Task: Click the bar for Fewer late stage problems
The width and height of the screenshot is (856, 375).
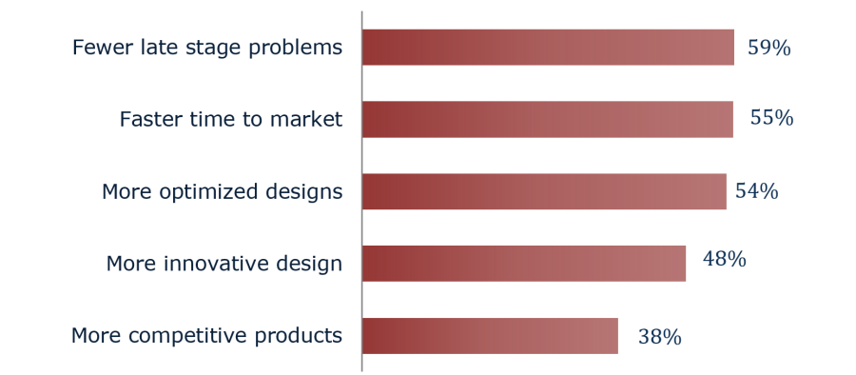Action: coord(548,48)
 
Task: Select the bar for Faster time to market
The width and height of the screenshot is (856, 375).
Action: coord(548,119)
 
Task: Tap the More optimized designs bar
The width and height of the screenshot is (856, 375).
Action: coord(544,191)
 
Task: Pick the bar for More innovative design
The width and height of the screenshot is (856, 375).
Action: coord(524,264)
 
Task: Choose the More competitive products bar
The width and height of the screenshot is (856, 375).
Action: coord(490,336)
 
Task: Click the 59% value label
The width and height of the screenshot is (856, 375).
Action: coord(768,49)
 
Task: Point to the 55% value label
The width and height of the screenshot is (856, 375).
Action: coord(771,118)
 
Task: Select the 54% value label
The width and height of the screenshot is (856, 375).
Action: coord(757,191)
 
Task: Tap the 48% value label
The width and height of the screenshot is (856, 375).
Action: coord(724,259)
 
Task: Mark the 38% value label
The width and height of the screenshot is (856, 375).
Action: coord(659,337)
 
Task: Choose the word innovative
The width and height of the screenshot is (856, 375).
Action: coord(208,263)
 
